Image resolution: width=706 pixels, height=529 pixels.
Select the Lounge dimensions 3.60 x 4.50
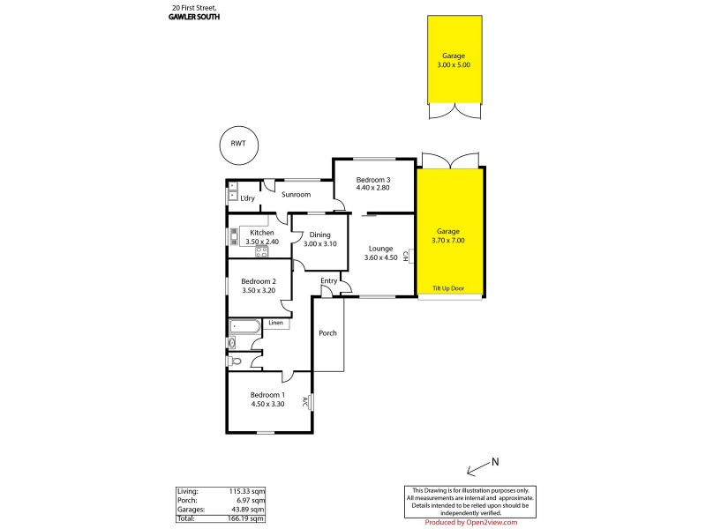point(380,258)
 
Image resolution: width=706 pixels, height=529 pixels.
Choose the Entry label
point(328,281)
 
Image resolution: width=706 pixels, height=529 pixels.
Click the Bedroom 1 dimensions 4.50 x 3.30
point(267,404)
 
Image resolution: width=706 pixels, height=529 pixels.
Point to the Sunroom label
point(297,194)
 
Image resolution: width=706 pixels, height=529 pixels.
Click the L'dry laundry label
point(248,199)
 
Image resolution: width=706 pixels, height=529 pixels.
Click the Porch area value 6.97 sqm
point(252,500)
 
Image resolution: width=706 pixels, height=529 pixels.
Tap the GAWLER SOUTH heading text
point(192,16)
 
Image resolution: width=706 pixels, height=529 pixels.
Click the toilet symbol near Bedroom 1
point(236,361)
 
